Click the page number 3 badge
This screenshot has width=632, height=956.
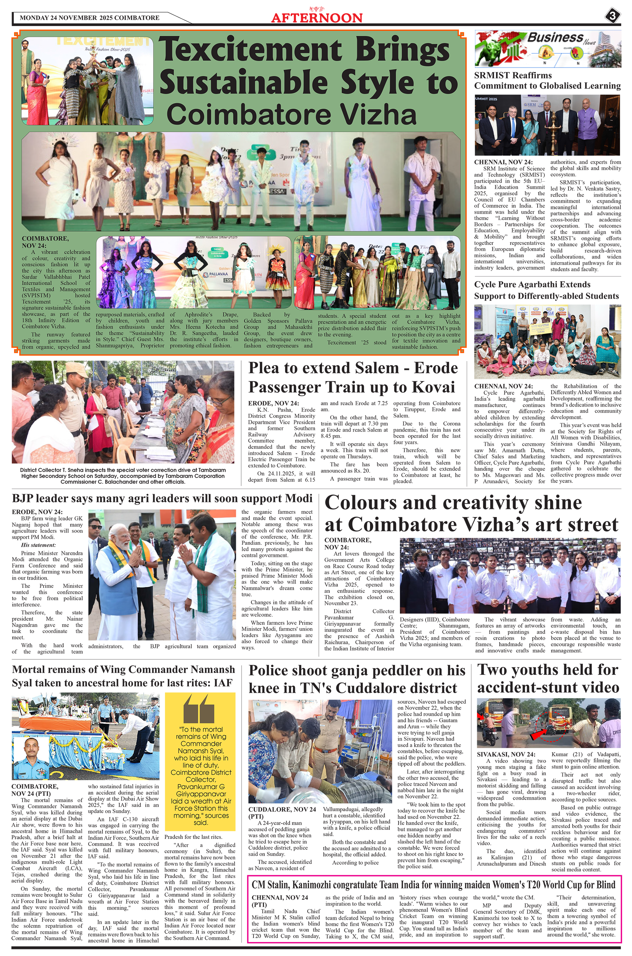(x=612, y=16)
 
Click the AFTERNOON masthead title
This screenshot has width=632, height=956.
(x=317, y=18)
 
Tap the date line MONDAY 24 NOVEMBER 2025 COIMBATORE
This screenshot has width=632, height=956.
(x=90, y=18)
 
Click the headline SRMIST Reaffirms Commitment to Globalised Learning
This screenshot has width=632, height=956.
(x=547, y=80)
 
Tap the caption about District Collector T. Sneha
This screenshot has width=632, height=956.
(x=123, y=476)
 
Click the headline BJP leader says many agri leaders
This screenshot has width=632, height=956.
(x=162, y=499)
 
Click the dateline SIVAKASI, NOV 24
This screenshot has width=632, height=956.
(x=506, y=754)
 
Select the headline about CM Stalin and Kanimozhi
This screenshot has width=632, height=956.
(x=433, y=885)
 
